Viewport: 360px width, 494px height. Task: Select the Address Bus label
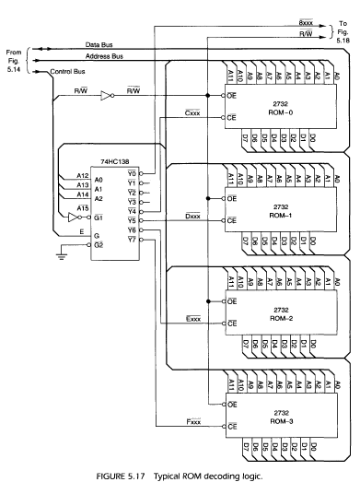[x=114, y=56]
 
